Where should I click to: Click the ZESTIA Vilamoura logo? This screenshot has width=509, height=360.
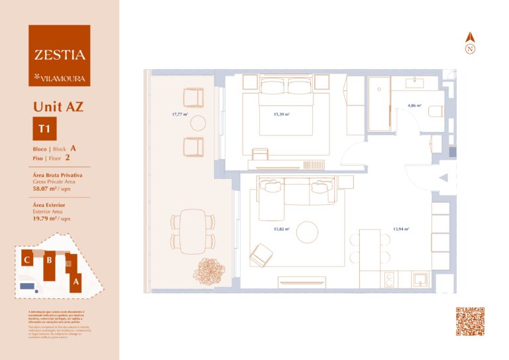point(59,56)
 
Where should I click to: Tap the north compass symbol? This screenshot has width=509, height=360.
point(470,44)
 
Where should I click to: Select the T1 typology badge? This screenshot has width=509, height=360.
point(44,129)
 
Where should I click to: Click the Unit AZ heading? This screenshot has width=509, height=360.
point(58,105)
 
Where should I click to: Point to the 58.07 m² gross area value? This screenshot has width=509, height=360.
point(46,189)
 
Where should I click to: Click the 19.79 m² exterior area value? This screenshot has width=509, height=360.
point(46,217)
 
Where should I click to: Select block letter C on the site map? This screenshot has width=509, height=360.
point(27,260)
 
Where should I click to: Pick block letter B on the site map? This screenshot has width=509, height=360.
point(48,261)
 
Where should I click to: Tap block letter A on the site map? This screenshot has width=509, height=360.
point(76,281)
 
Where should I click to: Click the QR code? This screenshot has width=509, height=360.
point(470,321)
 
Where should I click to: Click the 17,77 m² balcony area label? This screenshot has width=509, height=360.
point(179,114)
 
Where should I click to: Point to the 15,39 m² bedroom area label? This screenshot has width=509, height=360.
point(282,114)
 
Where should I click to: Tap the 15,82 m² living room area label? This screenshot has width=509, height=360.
point(282,229)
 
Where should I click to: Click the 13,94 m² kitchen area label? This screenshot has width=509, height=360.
point(400,229)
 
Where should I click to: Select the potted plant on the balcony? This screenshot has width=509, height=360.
point(208,270)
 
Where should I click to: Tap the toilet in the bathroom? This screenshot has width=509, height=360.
point(436,112)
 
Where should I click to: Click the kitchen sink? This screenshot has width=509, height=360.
point(421,280)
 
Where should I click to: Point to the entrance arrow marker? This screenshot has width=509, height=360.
point(444,177)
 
